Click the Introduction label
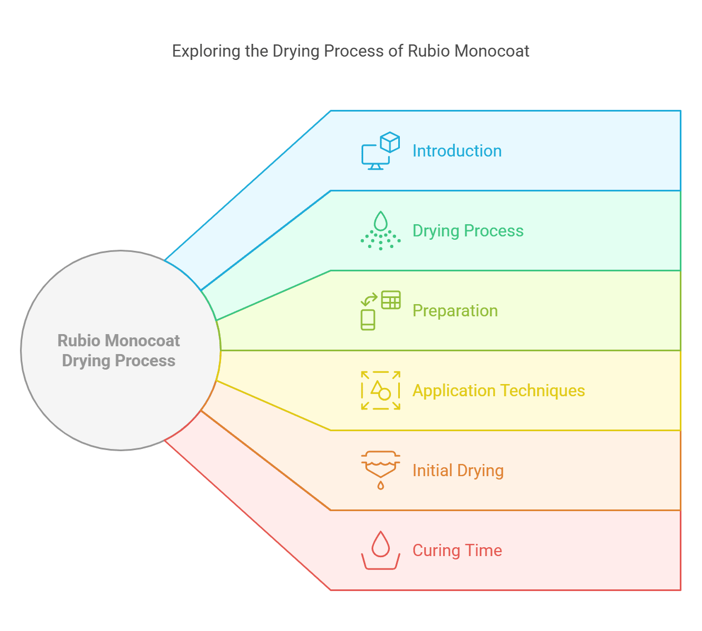[457, 151]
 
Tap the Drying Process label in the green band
[468, 231]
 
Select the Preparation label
[455, 311]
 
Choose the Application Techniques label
[498, 391]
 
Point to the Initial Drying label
[458, 471]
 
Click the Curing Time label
[457, 551]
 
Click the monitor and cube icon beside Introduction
[380, 151]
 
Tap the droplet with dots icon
[380, 231]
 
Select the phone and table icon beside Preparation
[380, 311]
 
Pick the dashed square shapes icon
[380, 391]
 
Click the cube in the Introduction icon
[390, 142]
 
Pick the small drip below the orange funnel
[380, 486]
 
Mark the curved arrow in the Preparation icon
[369, 300]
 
